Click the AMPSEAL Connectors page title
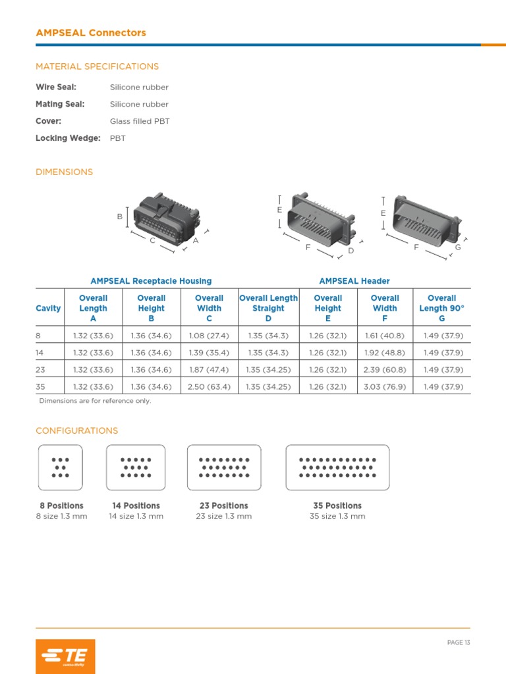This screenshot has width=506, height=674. click(x=91, y=33)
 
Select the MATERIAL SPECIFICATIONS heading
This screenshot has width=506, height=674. click(x=97, y=66)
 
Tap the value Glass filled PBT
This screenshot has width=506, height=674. click(x=140, y=121)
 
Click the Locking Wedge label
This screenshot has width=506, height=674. click(x=68, y=138)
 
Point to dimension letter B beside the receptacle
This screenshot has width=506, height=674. click(x=120, y=217)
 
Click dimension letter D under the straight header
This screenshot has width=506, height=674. click(x=351, y=251)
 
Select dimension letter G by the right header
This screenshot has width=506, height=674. click(x=458, y=247)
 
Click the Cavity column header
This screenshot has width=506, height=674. click(x=48, y=308)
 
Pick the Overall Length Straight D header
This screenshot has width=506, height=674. click(x=268, y=308)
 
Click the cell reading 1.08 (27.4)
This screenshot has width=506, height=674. click(x=209, y=336)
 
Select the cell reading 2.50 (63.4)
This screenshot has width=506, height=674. click(x=209, y=387)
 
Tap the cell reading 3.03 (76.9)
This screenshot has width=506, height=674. click(x=385, y=387)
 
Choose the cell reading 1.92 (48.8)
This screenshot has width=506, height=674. click(x=385, y=353)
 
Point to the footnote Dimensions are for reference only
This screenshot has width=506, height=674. click(x=95, y=401)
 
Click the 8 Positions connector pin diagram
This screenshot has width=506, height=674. click(x=61, y=467)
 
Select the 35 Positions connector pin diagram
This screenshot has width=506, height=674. click(x=337, y=467)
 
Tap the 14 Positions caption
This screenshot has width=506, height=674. click(x=136, y=505)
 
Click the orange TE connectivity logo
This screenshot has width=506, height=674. click(x=65, y=656)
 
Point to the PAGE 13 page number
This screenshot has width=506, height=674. click(x=459, y=642)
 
